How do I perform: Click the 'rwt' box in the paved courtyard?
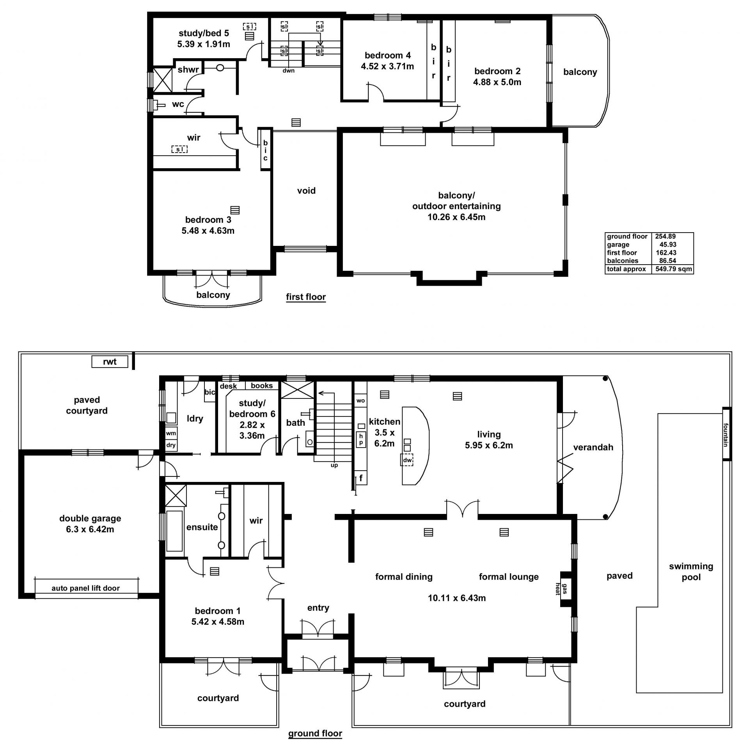[110, 362]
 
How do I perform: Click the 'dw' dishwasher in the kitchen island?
[407, 460]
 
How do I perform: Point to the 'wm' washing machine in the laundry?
[171, 433]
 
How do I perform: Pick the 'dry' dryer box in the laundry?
[171, 445]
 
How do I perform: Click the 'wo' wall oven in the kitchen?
[361, 400]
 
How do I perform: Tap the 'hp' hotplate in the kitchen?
[361, 439]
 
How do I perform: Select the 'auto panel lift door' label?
[86, 588]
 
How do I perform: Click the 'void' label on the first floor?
[306, 191]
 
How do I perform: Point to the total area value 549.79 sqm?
[674, 269]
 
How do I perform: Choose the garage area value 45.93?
[668, 245]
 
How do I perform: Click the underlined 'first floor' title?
[306, 297]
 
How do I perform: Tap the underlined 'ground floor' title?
[315, 734]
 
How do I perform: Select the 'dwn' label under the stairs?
[289, 71]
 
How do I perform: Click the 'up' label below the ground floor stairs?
[334, 465]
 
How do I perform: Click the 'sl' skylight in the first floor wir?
[179, 149]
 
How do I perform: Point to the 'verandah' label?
[593, 448]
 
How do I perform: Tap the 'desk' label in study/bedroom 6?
[228, 386]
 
